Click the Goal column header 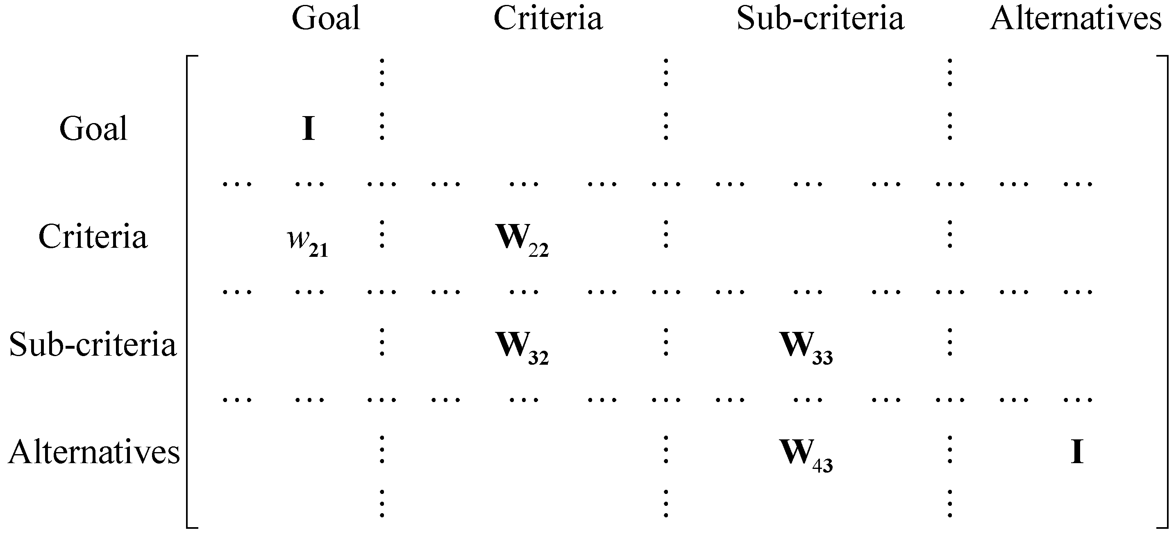pyautogui.click(x=326, y=19)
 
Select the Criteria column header pyautogui.click(x=548, y=19)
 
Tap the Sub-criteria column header pyautogui.click(x=820, y=19)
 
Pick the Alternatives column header pyautogui.click(x=1076, y=19)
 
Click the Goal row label pyautogui.click(x=93, y=129)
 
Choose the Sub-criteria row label pyautogui.click(x=93, y=345)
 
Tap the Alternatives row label pyautogui.click(x=94, y=452)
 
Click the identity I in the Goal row pyautogui.click(x=309, y=129)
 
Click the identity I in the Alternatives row pyautogui.click(x=1077, y=452)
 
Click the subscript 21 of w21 pyautogui.click(x=318, y=251)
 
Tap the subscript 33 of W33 pyautogui.click(x=823, y=358)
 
